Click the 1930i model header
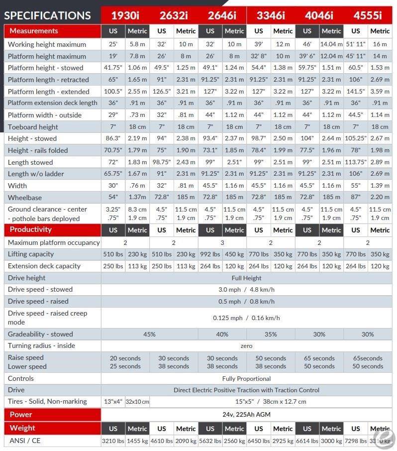tap(125, 15)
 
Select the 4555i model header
tap(368, 15)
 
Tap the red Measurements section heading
tap(34, 31)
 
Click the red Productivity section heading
tap(30, 229)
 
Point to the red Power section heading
tap(21, 415)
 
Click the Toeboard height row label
tap(33, 127)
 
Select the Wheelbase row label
tap(25, 198)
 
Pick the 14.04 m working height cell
tap(331, 44)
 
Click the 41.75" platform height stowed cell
tap(113, 68)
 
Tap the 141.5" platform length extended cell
tap(356, 92)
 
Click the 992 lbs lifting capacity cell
tap(210, 254)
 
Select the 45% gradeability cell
tap(149, 334)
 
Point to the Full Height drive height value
tap(246, 278)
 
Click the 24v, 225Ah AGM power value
tap(246, 415)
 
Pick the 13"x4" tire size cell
tap(113, 402)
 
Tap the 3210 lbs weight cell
tap(113, 441)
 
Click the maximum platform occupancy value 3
tap(222, 243)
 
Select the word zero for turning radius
tap(246, 346)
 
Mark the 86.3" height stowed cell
tap(113, 138)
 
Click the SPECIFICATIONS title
tap(47, 15)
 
